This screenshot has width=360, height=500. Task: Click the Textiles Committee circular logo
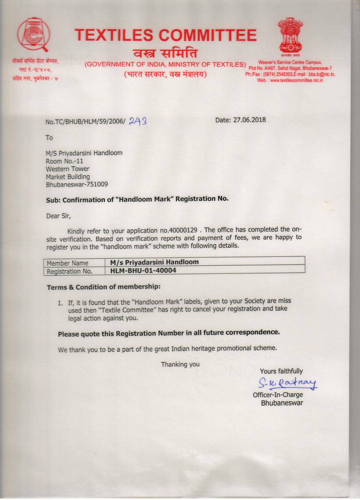(x=33, y=34)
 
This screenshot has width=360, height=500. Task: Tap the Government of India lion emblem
(x=290, y=36)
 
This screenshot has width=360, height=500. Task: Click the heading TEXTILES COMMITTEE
(x=165, y=35)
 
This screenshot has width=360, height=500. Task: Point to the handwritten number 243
(x=137, y=121)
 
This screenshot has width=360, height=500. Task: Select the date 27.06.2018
(x=249, y=120)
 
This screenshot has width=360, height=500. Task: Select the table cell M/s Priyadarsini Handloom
(x=154, y=262)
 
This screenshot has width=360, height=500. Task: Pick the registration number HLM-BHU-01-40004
(x=143, y=270)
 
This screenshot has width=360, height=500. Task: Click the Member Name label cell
(x=67, y=263)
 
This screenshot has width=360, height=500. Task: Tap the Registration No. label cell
(x=69, y=271)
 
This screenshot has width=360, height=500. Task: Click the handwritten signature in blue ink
(x=287, y=384)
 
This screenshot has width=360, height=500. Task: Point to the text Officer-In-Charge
(x=277, y=395)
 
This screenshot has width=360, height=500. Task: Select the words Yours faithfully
(x=281, y=371)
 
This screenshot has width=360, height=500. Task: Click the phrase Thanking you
(x=180, y=364)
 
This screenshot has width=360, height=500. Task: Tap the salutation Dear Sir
(x=58, y=216)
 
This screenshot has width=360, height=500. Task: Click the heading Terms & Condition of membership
(x=103, y=287)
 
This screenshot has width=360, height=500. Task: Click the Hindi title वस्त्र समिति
(x=165, y=53)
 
